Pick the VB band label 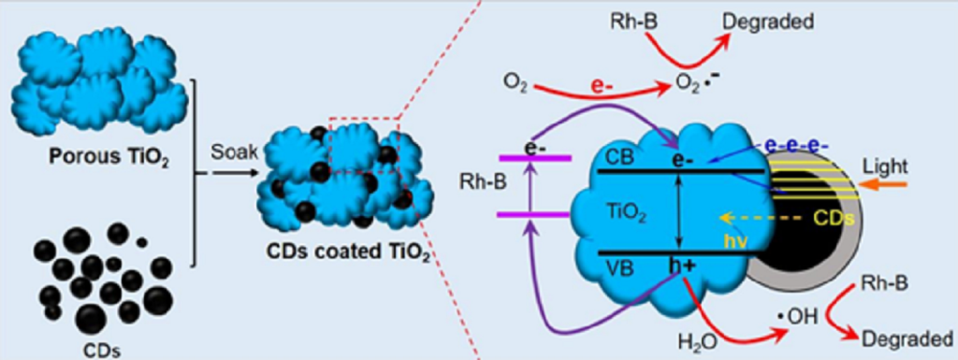619,265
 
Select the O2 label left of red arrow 515,84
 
